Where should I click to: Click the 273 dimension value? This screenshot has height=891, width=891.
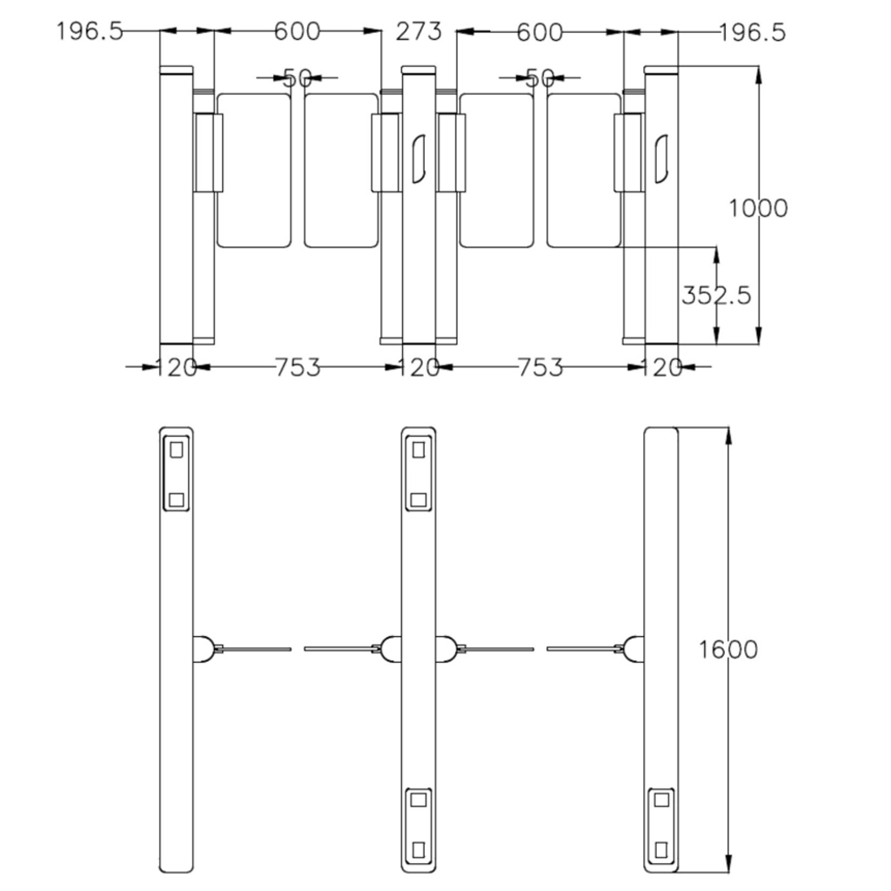point(419,32)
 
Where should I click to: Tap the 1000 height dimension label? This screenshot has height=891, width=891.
point(758,209)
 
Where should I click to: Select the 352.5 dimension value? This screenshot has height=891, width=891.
point(716,296)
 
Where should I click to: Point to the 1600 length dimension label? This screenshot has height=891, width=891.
point(728,649)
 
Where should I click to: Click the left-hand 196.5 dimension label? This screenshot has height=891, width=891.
point(90,31)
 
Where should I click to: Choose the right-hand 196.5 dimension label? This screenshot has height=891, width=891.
point(753,32)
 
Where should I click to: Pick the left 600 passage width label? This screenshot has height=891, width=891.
point(297,31)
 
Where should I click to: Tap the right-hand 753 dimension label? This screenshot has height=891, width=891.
point(539,368)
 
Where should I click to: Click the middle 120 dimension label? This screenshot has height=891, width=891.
point(419,368)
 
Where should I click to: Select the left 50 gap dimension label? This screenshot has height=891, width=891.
point(298,77)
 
